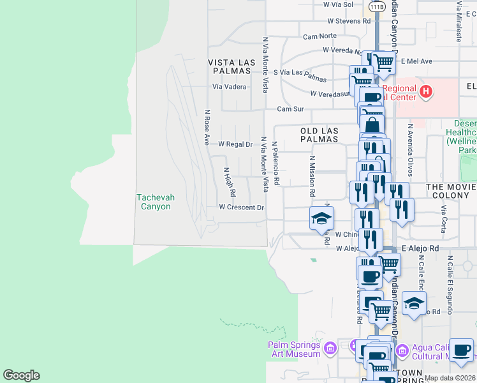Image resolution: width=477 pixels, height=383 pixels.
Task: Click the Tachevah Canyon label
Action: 154,202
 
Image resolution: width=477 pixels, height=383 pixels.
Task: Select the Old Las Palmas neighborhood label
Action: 319,135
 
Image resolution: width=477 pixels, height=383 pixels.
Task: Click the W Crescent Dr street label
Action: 241,207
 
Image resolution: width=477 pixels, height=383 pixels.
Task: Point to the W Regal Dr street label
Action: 235,145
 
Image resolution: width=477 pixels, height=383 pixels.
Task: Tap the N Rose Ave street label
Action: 207,127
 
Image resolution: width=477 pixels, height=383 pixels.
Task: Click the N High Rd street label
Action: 230,182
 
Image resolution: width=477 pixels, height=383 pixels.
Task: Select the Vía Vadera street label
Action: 229,87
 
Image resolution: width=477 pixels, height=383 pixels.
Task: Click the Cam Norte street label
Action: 319,36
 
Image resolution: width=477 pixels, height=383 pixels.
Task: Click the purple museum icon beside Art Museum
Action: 330,349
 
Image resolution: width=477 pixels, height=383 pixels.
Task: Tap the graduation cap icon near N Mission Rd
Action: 322,218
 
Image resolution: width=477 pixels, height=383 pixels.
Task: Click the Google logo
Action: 21,375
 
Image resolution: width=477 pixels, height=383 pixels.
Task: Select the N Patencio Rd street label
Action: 276,163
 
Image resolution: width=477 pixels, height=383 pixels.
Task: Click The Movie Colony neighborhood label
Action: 451,186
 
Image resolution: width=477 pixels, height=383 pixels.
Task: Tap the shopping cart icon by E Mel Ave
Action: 383,63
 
